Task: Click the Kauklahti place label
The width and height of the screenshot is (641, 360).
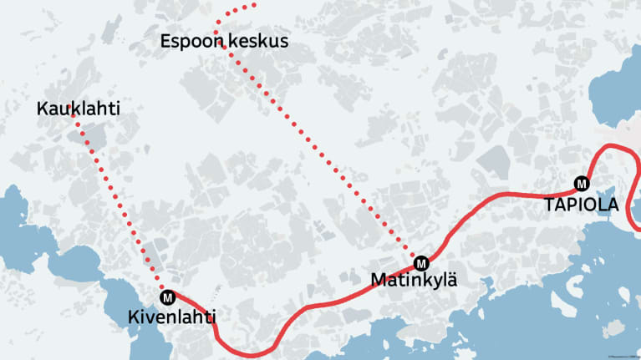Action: pos(79,109)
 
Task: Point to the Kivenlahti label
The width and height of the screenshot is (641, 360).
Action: pos(172,317)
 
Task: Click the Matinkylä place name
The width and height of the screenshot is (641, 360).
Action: pos(415,279)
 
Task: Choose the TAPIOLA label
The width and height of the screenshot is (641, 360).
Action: pos(581,204)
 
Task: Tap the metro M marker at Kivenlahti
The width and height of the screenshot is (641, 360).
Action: pos(167,297)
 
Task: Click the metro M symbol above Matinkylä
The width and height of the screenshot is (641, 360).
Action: pos(421,261)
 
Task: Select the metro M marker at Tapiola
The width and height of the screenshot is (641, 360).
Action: pos(581,184)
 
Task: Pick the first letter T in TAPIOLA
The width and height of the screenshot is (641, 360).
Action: pos(549,204)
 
